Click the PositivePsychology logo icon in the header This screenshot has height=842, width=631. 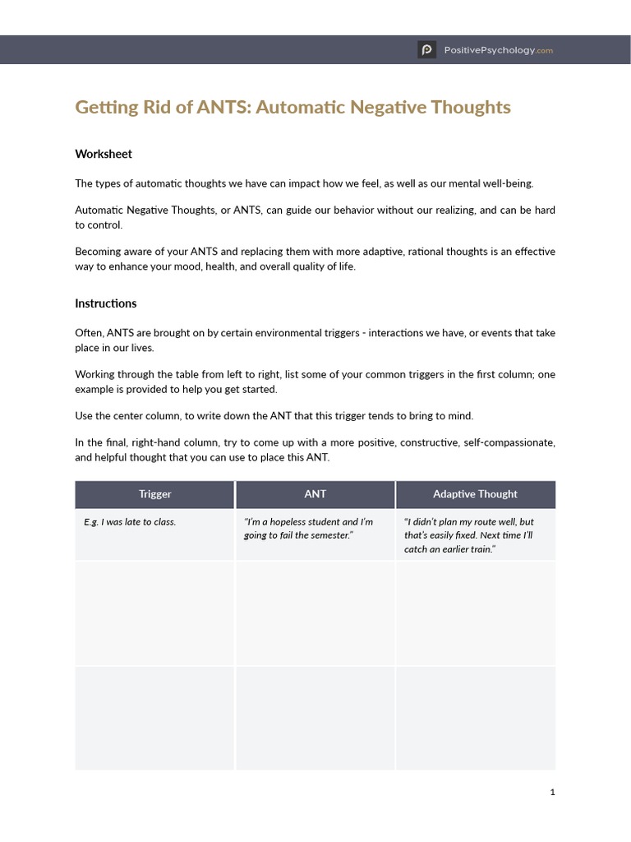[426, 50]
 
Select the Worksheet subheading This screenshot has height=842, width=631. [104, 154]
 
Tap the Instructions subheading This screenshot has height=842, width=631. [106, 303]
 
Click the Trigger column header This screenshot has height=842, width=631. [155, 494]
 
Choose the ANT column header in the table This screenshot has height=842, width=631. [315, 494]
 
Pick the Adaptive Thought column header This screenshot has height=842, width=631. [475, 494]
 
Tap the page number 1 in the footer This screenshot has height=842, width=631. [553, 792]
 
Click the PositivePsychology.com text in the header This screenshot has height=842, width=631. [499, 50]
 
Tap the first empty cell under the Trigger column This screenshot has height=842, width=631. [155, 613]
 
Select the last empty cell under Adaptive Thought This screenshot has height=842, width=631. [475, 718]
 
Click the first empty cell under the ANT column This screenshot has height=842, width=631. [315, 613]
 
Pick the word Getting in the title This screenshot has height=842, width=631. [104, 108]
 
